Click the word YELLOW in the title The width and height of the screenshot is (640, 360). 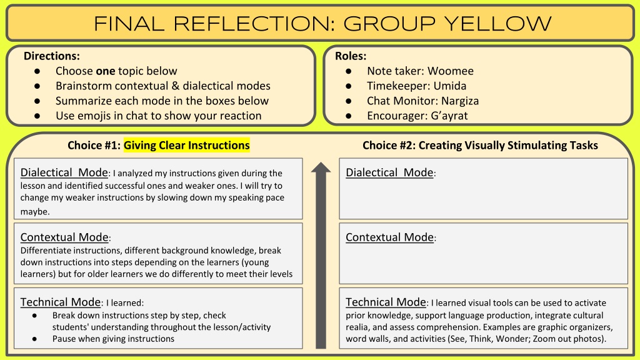[497, 24]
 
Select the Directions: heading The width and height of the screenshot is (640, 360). [52, 56]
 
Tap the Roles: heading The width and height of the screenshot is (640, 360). [351, 56]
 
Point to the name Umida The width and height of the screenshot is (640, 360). [450, 86]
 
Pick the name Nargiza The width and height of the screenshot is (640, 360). [460, 101]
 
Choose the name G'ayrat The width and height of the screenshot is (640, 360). [449, 116]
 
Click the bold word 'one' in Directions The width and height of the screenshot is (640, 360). [105, 71]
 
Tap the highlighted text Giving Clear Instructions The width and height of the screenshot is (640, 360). [186, 145]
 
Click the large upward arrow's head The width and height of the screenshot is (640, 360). [321, 169]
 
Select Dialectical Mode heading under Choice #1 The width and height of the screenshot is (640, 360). [64, 172]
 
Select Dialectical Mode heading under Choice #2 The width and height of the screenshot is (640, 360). [389, 172]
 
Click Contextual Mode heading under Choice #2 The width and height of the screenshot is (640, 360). [389, 237]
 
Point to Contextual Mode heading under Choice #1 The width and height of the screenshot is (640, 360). [64, 237]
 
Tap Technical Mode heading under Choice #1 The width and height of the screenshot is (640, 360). [61, 302]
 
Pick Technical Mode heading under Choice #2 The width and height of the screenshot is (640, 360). [386, 302]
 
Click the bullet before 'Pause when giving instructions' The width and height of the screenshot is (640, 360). [35, 339]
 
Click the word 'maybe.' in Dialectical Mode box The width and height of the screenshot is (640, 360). [35, 211]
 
